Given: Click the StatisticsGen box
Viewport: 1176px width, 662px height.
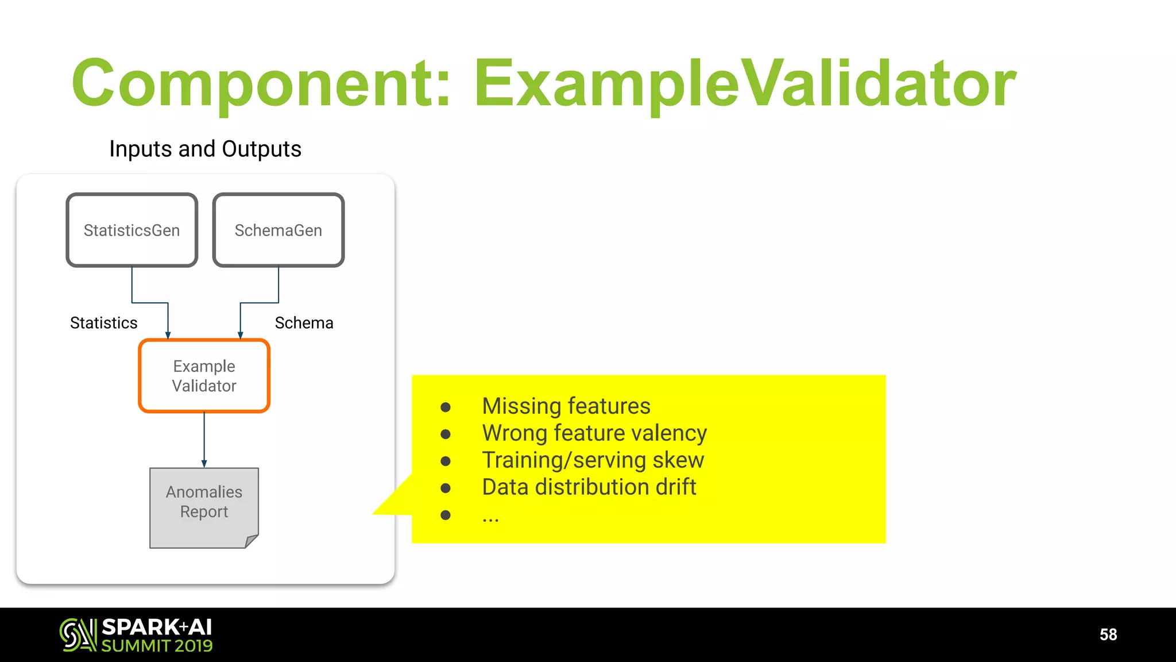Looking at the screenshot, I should click(131, 230).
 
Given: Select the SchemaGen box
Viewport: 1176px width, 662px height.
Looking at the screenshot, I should click(278, 230).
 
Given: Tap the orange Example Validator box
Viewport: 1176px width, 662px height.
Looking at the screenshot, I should click(204, 376).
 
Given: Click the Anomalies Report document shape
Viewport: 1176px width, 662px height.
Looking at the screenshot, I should click(204, 506).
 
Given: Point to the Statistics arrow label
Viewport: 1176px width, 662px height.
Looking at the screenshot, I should click(103, 323).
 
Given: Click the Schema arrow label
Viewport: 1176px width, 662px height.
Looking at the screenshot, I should click(304, 323).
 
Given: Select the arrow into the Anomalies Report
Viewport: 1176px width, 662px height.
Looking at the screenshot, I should click(204, 440).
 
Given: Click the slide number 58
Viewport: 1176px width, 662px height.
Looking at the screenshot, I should click(1108, 634).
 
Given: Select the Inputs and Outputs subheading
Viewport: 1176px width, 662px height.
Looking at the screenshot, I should click(205, 149).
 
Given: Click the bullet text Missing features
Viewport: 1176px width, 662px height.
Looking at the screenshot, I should click(566, 406).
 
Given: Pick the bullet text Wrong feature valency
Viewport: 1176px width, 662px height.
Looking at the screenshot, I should click(594, 433).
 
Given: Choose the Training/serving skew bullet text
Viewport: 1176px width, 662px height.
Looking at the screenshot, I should click(593, 460).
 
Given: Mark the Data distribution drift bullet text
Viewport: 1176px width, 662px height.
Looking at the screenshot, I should click(589, 487).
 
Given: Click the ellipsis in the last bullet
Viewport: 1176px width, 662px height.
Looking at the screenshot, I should click(490, 517).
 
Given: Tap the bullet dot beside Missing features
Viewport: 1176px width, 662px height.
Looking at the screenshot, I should click(445, 407).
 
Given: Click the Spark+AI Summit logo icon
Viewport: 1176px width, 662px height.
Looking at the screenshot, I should click(78, 634).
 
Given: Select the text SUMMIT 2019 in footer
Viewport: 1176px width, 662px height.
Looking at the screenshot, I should click(157, 646).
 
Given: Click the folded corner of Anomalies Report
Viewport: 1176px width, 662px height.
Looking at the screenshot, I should click(252, 541).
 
